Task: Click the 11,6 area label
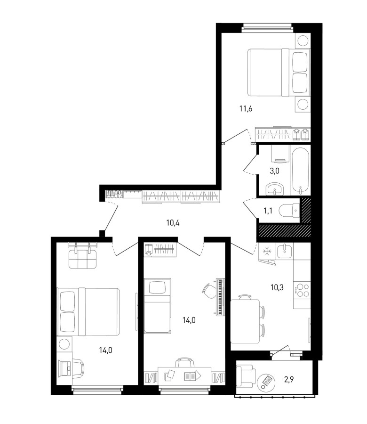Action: pyautogui.click(x=246, y=109)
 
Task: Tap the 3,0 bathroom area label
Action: pyautogui.click(x=274, y=171)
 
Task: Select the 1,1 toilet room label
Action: pyautogui.click(x=268, y=211)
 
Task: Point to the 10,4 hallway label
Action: pyautogui.click(x=173, y=223)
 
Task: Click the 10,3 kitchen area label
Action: pyautogui.click(x=277, y=287)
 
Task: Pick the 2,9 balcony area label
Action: pyautogui.click(x=289, y=380)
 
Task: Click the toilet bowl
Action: pyautogui.click(x=289, y=211)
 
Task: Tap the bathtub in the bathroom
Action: pyautogui.click(x=300, y=171)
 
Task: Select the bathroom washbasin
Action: pyautogui.click(x=274, y=189)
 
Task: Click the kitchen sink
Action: pyautogui.click(x=285, y=251)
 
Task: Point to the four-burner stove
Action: pyautogui.click(x=302, y=290)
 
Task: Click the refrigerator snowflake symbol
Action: pyautogui.click(x=267, y=251)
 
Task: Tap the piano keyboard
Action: pyautogui.click(x=221, y=297)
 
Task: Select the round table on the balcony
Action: pyautogui.click(x=266, y=382)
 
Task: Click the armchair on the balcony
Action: pyautogui.click(x=246, y=376)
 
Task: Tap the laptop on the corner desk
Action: pyautogui.click(x=65, y=368)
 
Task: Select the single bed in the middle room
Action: pyautogui.click(x=158, y=306)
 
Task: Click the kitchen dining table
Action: pyautogui.click(x=245, y=321)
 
